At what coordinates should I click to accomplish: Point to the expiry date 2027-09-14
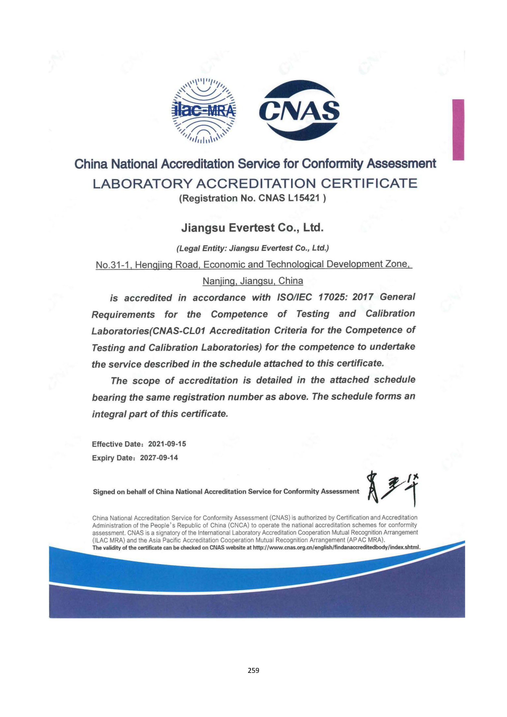coord(159,458)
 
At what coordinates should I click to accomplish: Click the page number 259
coord(253,670)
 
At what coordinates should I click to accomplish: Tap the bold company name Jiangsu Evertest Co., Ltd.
coord(252,228)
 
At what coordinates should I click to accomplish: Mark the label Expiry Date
coord(113,458)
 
